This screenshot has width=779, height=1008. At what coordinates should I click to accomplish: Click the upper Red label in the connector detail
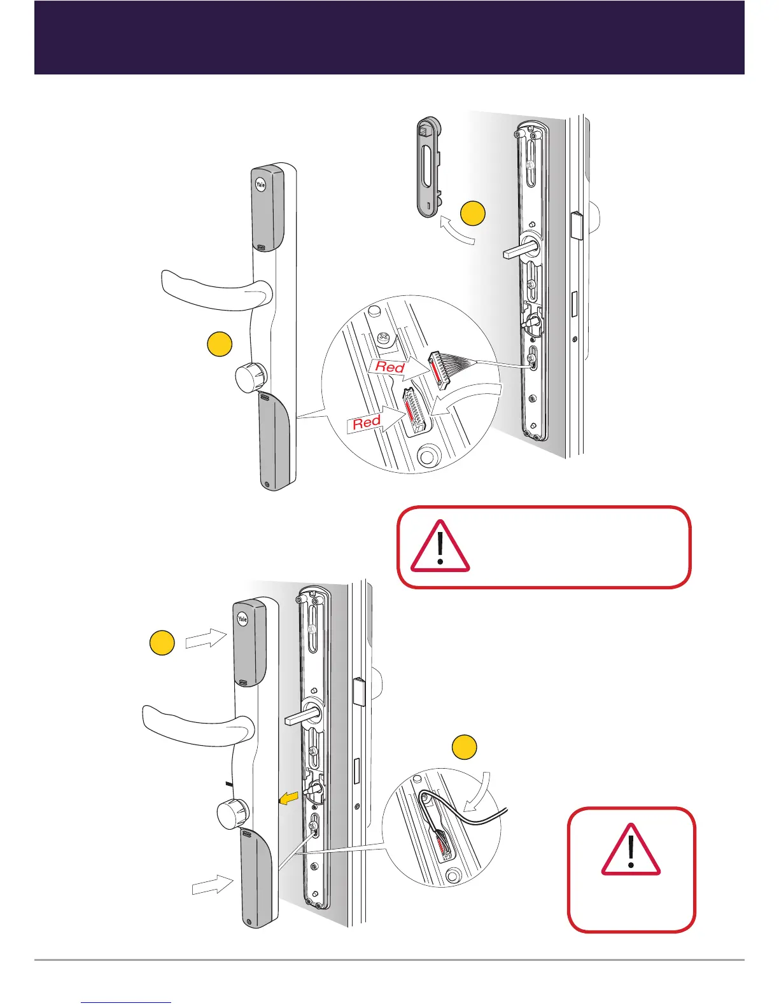(390, 367)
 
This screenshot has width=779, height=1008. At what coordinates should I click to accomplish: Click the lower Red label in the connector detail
(367, 422)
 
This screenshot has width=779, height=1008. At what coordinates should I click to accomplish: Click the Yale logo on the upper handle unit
(260, 185)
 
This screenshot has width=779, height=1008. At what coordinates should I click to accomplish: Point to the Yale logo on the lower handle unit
(242, 619)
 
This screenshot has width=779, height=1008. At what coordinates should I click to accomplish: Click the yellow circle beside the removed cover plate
(474, 213)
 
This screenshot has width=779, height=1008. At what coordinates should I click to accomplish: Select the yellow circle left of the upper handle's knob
(220, 344)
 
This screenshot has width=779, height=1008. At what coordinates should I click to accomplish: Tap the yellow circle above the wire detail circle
(464, 747)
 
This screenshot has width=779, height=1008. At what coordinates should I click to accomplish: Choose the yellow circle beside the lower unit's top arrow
(162, 643)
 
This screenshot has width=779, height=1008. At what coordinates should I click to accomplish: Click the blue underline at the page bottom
(127, 1002)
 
